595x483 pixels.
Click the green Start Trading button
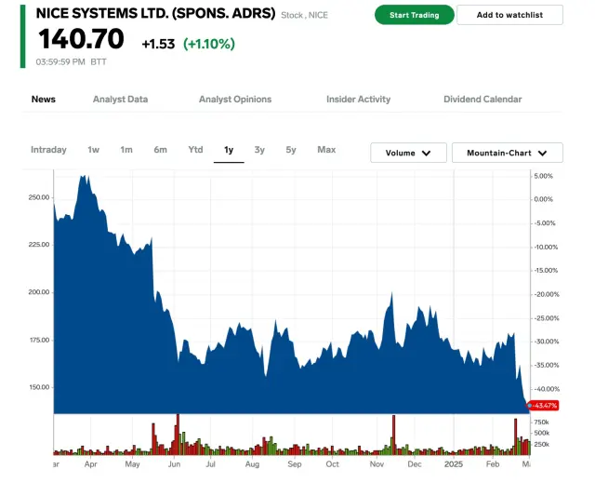click(x=414, y=15)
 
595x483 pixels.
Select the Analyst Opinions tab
click(x=235, y=100)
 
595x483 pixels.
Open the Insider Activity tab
click(x=358, y=100)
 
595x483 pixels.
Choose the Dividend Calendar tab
click(x=483, y=100)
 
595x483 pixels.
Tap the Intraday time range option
click(x=48, y=150)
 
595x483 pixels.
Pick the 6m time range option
click(x=161, y=150)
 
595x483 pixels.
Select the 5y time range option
click(x=291, y=150)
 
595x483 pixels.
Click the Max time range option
click(x=326, y=150)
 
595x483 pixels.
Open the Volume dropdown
click(x=408, y=153)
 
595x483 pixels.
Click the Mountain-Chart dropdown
click(x=507, y=153)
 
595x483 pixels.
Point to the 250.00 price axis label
click(x=39, y=197)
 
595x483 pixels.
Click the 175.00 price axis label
click(x=39, y=340)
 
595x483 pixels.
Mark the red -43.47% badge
click(x=543, y=406)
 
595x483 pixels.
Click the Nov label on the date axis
click(x=377, y=463)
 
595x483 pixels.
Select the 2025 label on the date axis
click(x=453, y=463)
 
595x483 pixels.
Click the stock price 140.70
click(x=81, y=39)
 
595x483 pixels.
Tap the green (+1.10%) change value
click(x=208, y=44)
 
